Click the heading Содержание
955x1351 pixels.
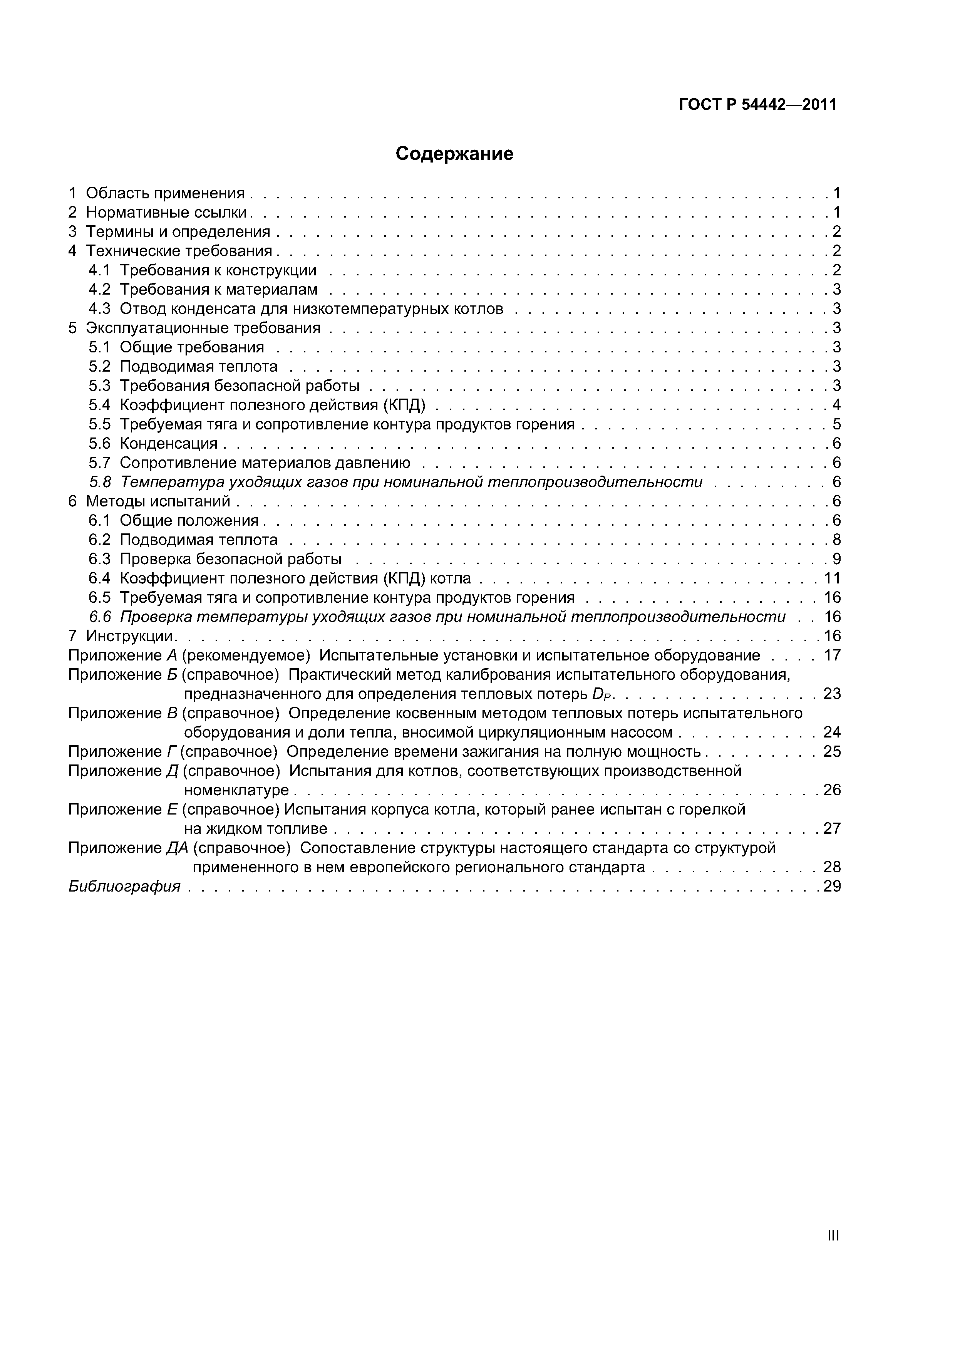[454, 154]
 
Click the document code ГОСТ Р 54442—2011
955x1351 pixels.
[757, 105]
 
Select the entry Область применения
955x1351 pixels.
[165, 193]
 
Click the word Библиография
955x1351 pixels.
[124, 886]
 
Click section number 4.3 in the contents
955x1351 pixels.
[99, 308]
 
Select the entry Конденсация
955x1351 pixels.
[168, 443]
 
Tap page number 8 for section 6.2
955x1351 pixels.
[836, 540]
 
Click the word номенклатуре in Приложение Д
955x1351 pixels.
[236, 790]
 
